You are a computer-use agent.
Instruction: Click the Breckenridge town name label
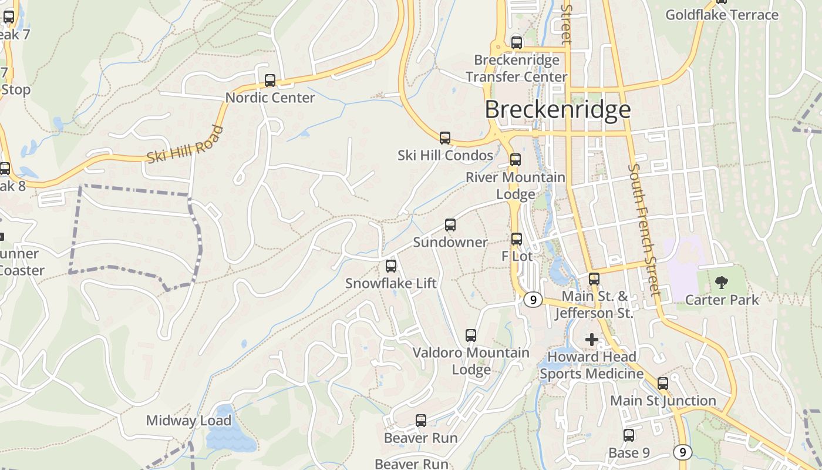[x=558, y=110]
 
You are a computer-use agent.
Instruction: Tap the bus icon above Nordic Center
[x=270, y=80]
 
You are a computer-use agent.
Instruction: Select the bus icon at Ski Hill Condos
[x=445, y=138]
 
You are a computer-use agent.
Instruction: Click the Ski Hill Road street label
[x=185, y=145]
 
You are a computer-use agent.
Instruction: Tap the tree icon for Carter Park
[x=721, y=283]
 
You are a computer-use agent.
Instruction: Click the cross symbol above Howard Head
[x=592, y=340]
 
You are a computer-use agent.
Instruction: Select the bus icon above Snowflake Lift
[x=391, y=266]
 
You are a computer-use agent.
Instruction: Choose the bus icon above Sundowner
[x=450, y=225]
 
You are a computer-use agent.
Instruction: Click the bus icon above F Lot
[x=517, y=239]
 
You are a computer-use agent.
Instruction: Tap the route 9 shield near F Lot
[x=533, y=300]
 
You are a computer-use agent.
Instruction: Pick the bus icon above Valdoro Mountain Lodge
[x=471, y=335]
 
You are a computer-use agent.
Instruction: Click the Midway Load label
[x=188, y=421]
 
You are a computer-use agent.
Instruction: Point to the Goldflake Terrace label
[x=722, y=15]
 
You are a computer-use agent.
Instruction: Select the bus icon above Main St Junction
[x=663, y=384]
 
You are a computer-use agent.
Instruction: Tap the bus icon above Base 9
[x=629, y=435]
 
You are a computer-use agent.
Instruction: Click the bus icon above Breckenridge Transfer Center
[x=517, y=43]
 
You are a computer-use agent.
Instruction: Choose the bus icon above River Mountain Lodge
[x=516, y=160]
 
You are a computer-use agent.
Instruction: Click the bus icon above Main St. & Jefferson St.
[x=594, y=279]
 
